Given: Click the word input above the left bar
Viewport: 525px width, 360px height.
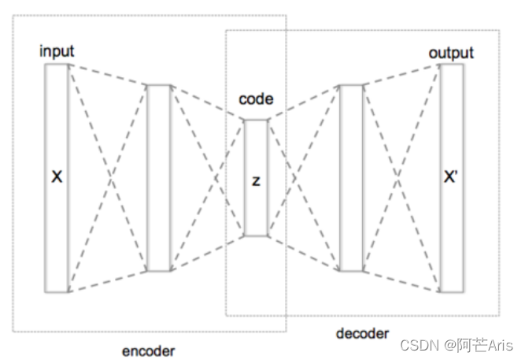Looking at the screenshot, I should [x=57, y=52].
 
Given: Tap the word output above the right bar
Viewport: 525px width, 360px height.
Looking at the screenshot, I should [x=451, y=53].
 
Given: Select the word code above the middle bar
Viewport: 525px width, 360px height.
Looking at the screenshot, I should [x=256, y=100].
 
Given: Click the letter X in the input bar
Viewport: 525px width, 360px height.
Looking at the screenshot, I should [x=57, y=178].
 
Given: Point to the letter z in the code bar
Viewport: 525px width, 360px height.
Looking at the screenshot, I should [x=256, y=180].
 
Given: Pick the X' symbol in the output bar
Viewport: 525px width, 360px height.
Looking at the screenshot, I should [x=451, y=178].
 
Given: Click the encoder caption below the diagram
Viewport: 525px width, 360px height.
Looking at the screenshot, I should [x=150, y=351].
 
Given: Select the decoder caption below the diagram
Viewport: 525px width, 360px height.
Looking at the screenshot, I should [x=362, y=334].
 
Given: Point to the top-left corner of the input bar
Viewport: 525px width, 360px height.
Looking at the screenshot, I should [x=46, y=65].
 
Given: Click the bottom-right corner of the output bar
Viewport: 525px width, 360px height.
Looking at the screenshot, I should [x=463, y=291].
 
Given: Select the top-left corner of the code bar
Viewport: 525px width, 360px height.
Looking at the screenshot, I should [x=245, y=120].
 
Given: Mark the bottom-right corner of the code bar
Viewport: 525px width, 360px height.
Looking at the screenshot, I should [x=268, y=236].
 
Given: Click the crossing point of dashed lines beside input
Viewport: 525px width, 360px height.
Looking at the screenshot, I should [x=108, y=178].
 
